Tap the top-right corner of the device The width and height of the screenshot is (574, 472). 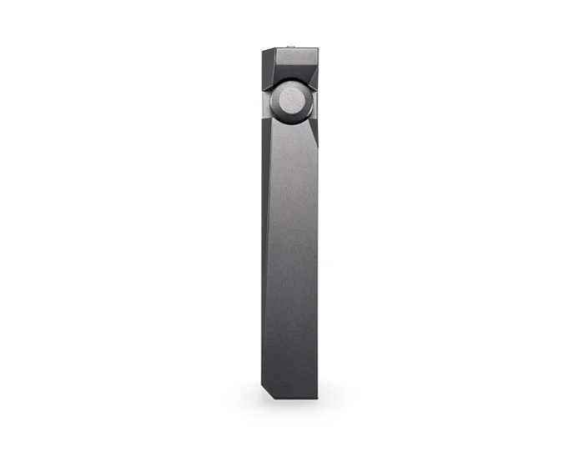[317, 49]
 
